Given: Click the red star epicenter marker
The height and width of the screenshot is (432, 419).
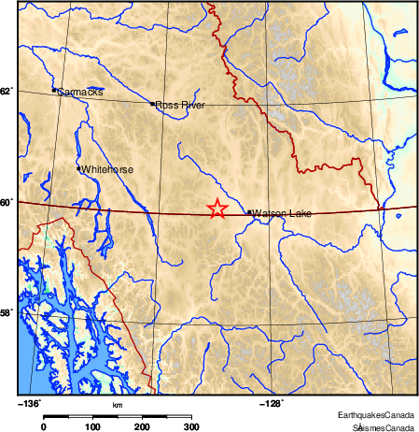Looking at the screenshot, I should click(x=216, y=209).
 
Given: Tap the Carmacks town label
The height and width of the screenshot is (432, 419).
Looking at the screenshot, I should click(x=80, y=93).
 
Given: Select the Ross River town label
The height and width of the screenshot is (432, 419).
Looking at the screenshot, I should click(x=180, y=106).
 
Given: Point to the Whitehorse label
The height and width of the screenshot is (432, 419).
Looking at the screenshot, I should click(x=107, y=170).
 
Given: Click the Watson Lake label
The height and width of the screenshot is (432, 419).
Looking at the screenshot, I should click(x=282, y=214).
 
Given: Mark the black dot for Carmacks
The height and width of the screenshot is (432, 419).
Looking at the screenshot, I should click(x=55, y=91).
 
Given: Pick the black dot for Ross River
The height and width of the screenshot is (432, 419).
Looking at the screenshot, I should click(x=152, y=104).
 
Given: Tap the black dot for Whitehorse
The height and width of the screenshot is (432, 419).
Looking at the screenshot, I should click(x=78, y=168).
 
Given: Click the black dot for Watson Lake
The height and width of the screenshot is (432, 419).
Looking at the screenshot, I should click(x=249, y=212).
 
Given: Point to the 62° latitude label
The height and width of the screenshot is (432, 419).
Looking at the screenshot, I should click(x=7, y=92).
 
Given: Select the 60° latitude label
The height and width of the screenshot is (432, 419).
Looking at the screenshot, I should click(x=7, y=202).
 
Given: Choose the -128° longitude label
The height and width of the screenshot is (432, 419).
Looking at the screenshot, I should click(x=271, y=404).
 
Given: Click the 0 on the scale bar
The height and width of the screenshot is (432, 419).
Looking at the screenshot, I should click(x=44, y=426).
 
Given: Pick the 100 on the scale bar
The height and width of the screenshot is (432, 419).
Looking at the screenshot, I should click(x=92, y=426).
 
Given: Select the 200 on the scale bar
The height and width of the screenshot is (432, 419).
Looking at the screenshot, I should click(x=142, y=426).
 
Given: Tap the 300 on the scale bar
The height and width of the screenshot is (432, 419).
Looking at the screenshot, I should click(x=190, y=426).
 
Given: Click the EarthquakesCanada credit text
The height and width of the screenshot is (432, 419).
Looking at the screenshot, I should click(x=376, y=414).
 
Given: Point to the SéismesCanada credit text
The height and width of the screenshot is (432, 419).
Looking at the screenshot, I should click(x=383, y=425).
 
